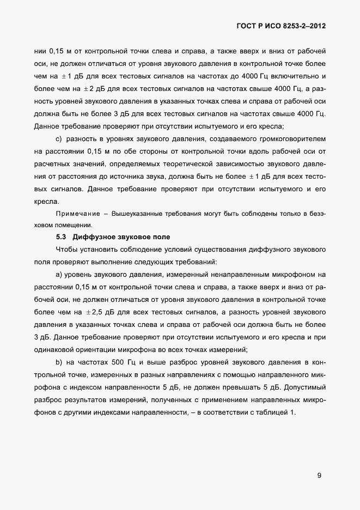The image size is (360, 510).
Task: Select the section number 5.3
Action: click(62, 237)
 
